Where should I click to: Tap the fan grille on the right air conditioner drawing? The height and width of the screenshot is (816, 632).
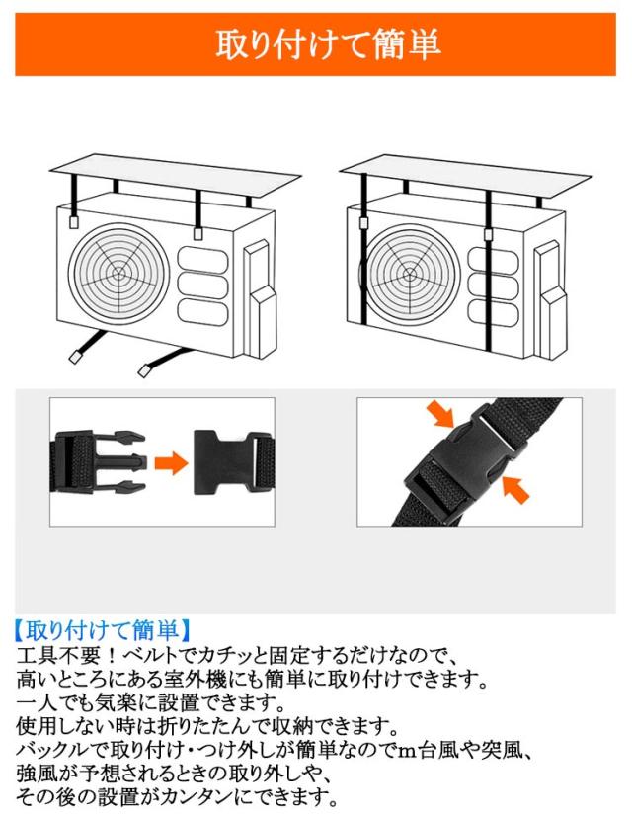click(x=413, y=270)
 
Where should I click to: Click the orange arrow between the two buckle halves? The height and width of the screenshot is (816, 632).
click(x=171, y=462)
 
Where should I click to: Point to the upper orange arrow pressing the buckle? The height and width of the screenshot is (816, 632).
click(x=438, y=415)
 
